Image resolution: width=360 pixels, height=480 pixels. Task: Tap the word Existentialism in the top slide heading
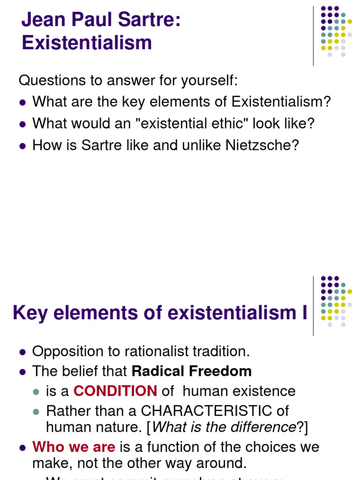[x=87, y=43]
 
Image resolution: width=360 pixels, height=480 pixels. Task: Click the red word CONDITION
[x=115, y=391]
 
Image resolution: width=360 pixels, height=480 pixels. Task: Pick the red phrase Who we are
[x=74, y=447]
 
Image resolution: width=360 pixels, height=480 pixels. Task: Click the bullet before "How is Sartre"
[x=22, y=146]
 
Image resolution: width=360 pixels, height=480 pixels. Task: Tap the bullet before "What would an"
[x=22, y=124]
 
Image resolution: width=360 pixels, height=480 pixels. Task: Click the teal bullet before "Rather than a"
[x=36, y=412]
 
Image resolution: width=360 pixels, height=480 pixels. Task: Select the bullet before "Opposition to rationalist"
[x=22, y=352]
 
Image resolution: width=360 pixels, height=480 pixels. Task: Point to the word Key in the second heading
[x=30, y=313]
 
